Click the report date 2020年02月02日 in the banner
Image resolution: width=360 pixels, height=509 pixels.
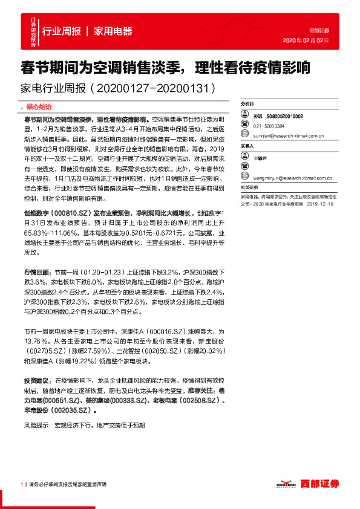[x=306, y=41]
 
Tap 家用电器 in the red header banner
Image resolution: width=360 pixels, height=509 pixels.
[x=113, y=31]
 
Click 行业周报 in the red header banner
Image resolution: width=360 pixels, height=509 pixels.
[x=62, y=31]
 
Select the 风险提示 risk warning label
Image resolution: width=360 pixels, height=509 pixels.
[x=36, y=425]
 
